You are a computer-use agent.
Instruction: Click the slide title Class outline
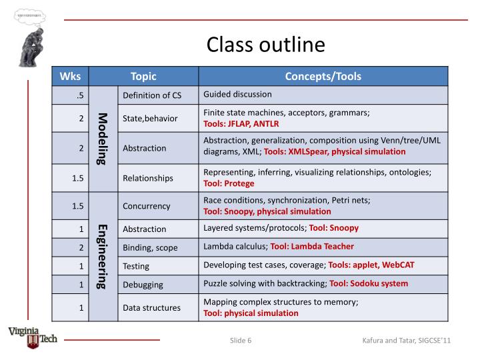click(x=265, y=45)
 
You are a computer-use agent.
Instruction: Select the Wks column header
click(x=70, y=76)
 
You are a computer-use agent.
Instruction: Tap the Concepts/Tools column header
click(x=323, y=76)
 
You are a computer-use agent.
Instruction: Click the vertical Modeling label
click(x=103, y=139)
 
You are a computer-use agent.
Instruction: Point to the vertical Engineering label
click(x=103, y=257)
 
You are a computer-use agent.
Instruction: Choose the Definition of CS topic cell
click(x=152, y=95)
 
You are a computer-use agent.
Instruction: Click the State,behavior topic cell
click(x=150, y=119)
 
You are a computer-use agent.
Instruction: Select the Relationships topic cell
click(x=148, y=178)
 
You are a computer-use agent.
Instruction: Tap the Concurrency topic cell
click(x=147, y=206)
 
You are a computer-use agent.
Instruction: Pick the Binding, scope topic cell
click(x=150, y=247)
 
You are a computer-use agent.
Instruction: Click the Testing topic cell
click(x=136, y=265)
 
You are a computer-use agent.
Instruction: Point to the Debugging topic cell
click(x=143, y=285)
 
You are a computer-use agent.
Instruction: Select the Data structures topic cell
click(x=151, y=308)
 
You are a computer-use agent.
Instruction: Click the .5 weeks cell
click(x=79, y=95)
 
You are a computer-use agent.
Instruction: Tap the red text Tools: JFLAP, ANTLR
click(x=241, y=124)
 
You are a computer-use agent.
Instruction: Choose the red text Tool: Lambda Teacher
click(x=312, y=247)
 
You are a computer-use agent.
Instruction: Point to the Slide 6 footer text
click(x=241, y=341)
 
